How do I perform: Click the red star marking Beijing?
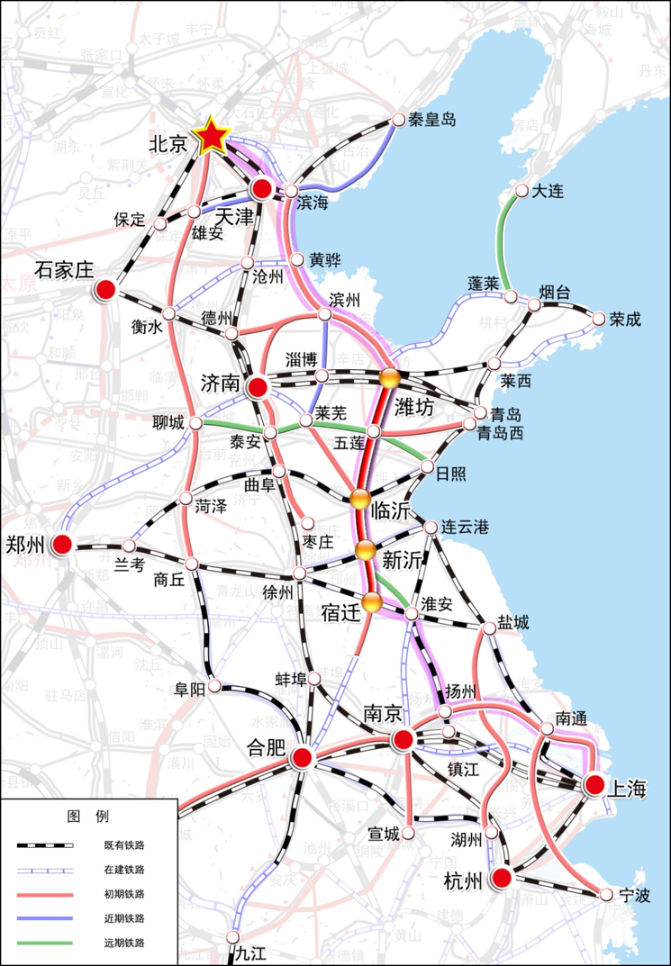pyautogui.click(x=213, y=136)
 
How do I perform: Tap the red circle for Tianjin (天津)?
pyautogui.click(x=262, y=188)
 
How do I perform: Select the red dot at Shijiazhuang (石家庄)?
pyautogui.click(x=105, y=290)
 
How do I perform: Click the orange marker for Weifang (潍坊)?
pyautogui.click(x=389, y=379)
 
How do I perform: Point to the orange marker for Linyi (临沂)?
pyautogui.click(x=361, y=501)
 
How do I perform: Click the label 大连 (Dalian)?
pyautogui.click(x=547, y=191)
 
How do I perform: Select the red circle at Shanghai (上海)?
pyautogui.click(x=594, y=784)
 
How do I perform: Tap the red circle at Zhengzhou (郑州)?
pyautogui.click(x=61, y=545)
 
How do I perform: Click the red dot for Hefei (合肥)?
pyautogui.click(x=302, y=759)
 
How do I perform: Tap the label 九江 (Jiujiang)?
pyautogui.click(x=251, y=952)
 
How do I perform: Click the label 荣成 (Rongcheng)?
pyautogui.click(x=626, y=319)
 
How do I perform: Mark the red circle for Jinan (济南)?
pyautogui.click(x=257, y=387)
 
